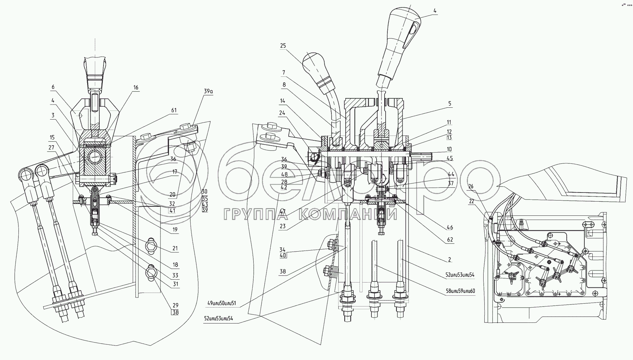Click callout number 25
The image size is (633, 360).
282,46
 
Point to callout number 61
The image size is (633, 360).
174,111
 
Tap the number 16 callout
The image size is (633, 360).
136,87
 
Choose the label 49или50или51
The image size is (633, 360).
222,303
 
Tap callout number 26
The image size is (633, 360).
471,186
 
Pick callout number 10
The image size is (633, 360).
449,149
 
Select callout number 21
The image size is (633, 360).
175,248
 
